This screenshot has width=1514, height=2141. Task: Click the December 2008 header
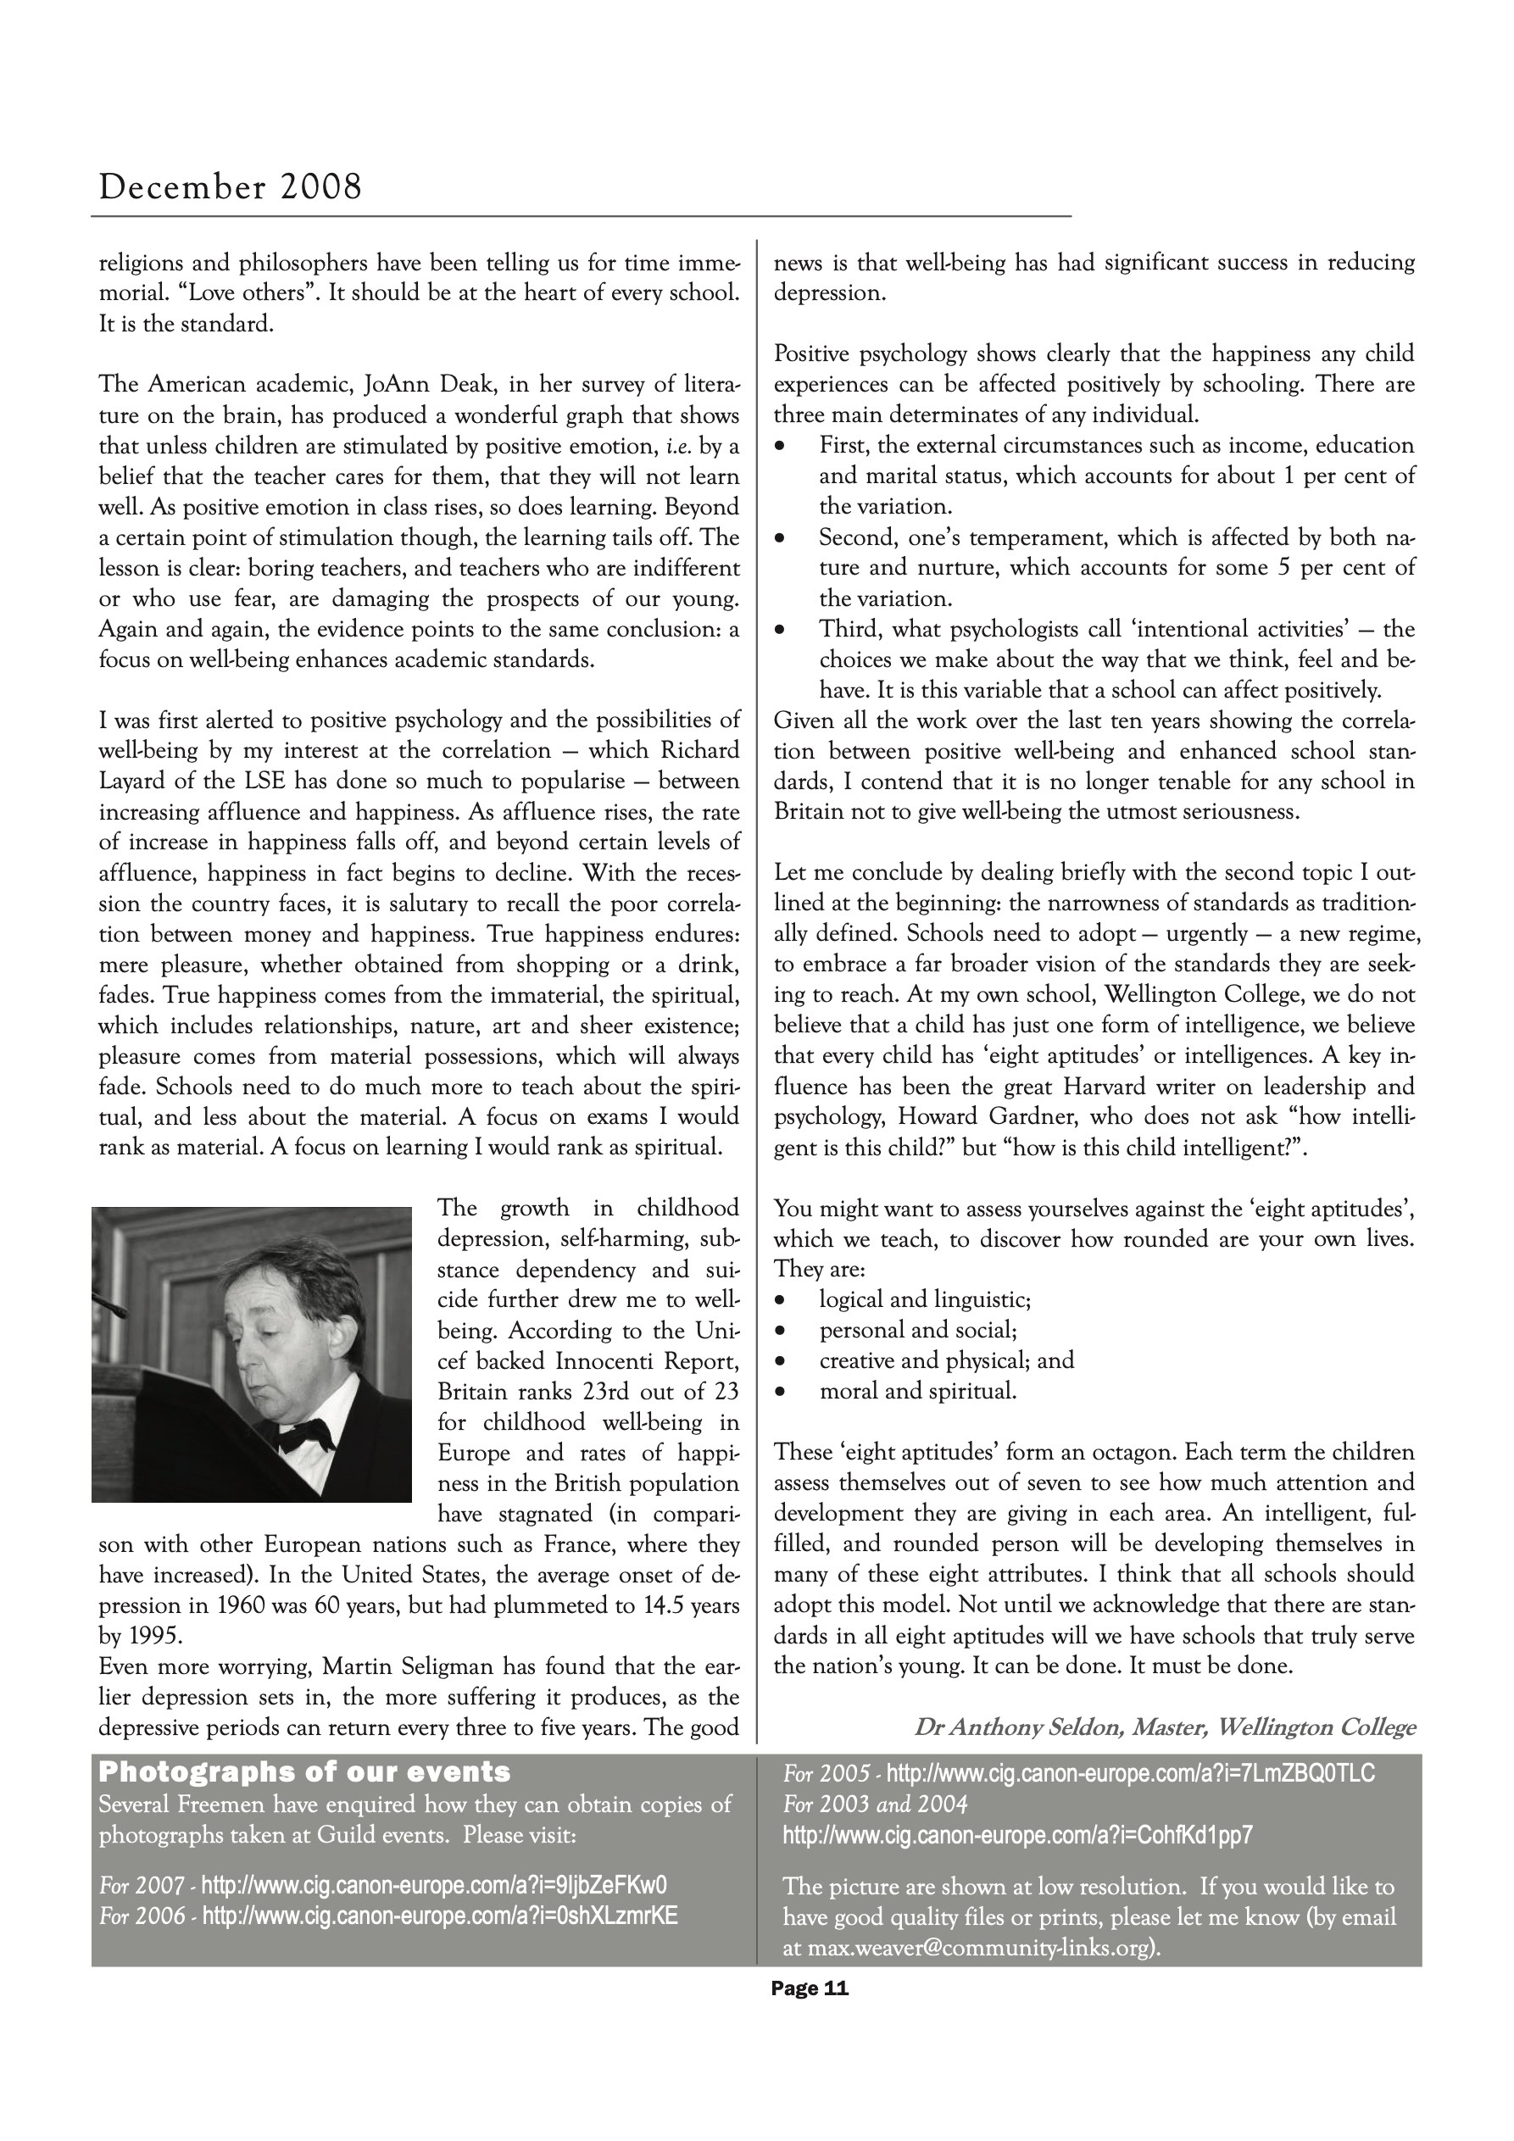point(231,187)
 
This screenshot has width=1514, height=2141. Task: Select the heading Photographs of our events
point(305,1771)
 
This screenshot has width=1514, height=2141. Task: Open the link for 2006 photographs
point(439,1916)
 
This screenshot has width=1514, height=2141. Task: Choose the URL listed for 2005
point(1130,1772)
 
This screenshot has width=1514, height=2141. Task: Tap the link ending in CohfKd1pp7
point(1018,1835)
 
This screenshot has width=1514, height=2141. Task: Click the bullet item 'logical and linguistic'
point(925,1299)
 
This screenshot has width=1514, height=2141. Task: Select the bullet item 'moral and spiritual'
point(918,1391)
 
